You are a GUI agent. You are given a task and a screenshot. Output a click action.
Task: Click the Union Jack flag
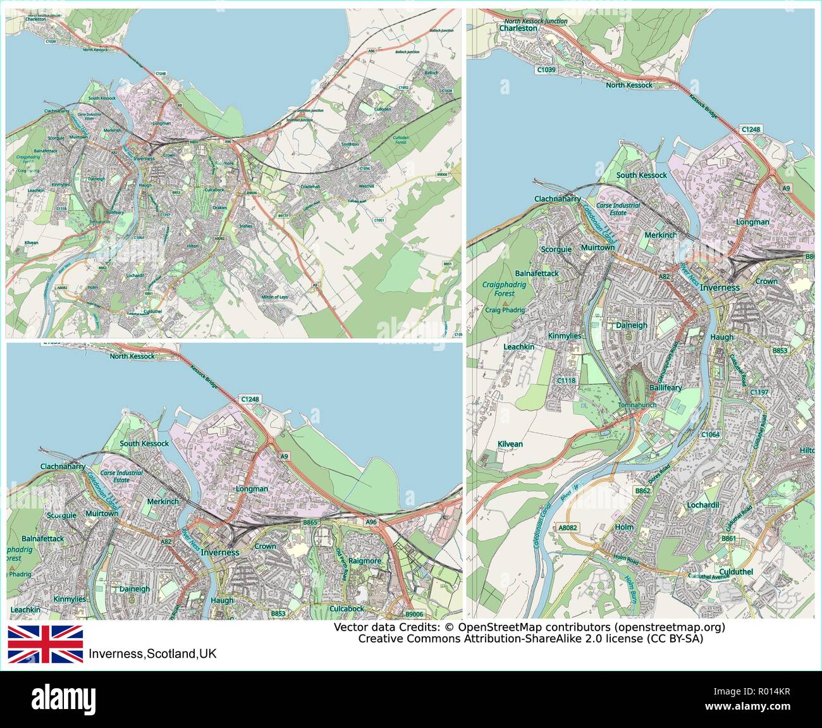click(x=45, y=644)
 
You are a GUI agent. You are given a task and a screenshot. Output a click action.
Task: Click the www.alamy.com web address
click(x=771, y=706)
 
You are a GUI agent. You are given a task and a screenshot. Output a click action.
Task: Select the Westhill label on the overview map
click(x=366, y=187)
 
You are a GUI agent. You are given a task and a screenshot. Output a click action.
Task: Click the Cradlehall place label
click(x=293, y=187)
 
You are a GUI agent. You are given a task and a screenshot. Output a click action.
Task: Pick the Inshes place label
click(x=246, y=226)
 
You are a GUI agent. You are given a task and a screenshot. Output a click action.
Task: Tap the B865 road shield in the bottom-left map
click(x=310, y=522)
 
